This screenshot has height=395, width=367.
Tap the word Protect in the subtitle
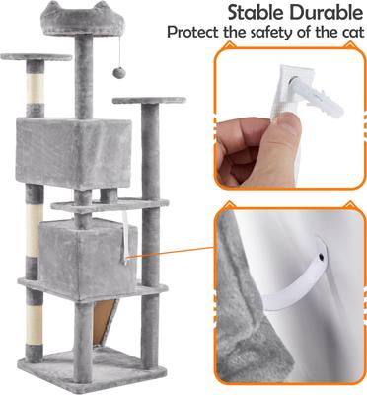193,33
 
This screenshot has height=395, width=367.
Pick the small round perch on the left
37,57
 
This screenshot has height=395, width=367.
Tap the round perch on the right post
149,101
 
